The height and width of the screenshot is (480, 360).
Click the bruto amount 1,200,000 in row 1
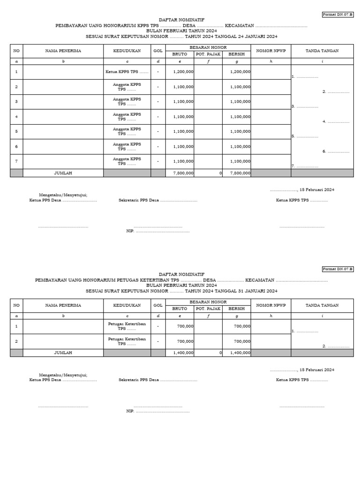pos(183,72)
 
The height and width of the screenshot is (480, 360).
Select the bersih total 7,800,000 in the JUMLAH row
pos(240,173)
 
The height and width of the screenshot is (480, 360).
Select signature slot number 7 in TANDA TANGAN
pos(305,166)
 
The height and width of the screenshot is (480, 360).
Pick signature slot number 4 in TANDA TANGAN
pos(336,121)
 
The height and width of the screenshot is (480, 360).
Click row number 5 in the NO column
pos(16,132)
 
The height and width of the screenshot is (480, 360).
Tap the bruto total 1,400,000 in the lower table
pos(183,352)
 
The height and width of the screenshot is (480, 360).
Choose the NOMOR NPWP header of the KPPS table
pos(270,51)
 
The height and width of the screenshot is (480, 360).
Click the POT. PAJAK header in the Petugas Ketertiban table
pos(208,308)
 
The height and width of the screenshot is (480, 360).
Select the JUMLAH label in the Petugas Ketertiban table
pos(63,352)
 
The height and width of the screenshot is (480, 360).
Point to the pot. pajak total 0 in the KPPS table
pos(220,173)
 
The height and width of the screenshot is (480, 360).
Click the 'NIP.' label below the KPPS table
pos(130,231)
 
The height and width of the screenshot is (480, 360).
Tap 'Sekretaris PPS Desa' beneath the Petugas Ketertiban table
pos(139,380)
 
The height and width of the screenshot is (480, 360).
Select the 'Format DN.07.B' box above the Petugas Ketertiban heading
pos(337,269)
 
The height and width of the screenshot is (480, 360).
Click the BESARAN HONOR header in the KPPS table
pos(208,47)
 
